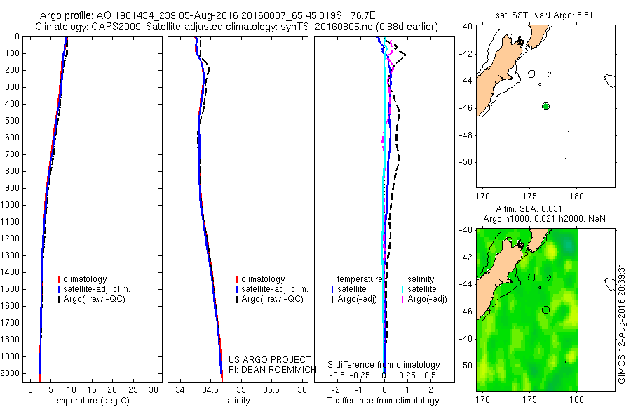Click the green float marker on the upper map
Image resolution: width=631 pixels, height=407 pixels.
click(545, 106)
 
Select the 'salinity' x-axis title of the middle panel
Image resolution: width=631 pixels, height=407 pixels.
click(236, 401)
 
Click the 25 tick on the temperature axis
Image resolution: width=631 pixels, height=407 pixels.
click(134, 389)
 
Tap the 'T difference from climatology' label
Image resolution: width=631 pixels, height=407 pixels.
click(383, 401)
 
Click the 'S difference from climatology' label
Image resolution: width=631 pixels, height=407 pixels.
click(384, 365)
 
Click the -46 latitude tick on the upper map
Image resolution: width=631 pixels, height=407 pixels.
click(466, 108)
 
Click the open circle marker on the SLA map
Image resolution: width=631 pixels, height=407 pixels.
click(545, 309)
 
